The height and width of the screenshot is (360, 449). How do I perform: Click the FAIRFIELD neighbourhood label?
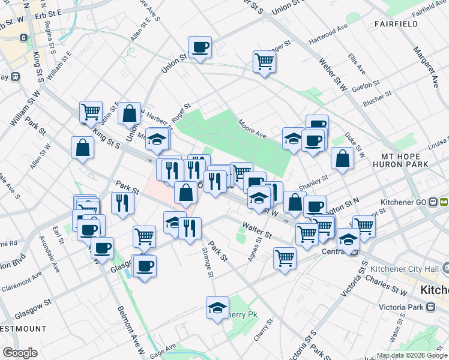click(396, 24)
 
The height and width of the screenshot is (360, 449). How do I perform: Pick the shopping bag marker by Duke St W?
click(342, 159)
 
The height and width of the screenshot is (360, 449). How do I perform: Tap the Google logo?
click(20, 353)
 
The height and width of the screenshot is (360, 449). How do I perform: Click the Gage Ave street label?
click(163, 349)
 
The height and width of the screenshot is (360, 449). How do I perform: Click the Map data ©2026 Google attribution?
click(411, 355)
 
